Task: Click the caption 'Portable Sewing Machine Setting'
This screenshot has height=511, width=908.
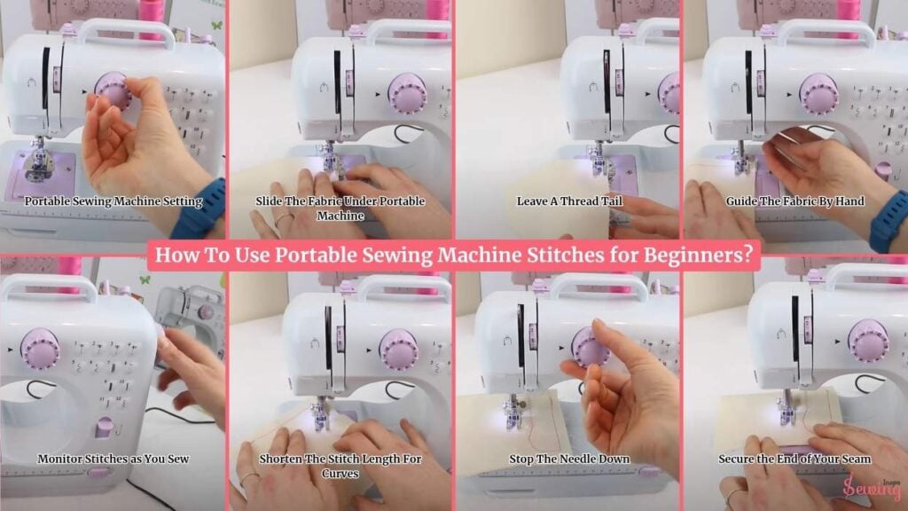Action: tap(113, 201)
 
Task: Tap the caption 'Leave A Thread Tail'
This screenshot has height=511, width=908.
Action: tap(569, 201)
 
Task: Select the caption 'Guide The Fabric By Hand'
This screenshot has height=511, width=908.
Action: tap(795, 201)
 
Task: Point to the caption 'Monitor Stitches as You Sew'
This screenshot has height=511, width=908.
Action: tap(113, 459)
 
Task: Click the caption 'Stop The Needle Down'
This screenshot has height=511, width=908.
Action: tap(569, 459)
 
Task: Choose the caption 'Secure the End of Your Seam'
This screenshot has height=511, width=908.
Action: tap(794, 459)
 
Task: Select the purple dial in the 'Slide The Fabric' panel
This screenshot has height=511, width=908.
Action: tap(408, 94)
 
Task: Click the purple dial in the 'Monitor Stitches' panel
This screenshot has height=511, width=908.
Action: tap(40, 350)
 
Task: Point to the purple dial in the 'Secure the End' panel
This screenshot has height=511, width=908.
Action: tap(868, 341)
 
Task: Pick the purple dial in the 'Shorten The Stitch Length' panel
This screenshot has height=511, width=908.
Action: tap(399, 350)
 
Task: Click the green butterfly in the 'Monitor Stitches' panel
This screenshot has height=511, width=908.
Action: tap(145, 279)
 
